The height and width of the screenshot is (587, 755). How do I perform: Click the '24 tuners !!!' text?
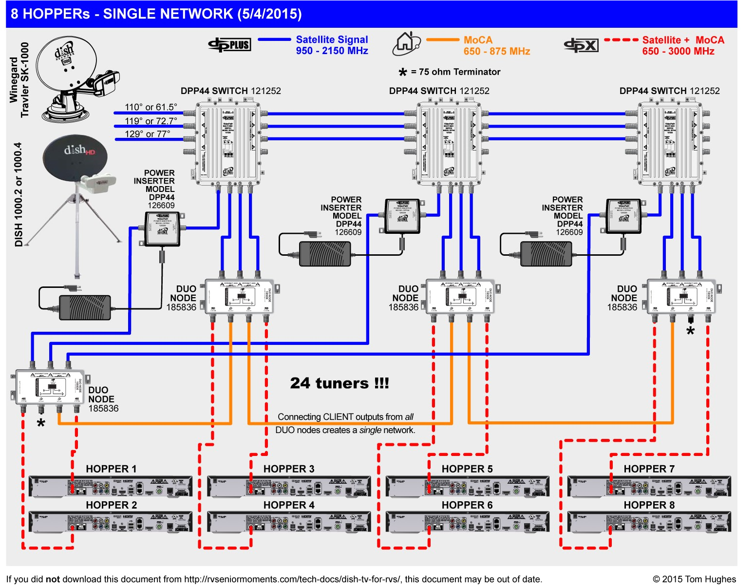pyautogui.click(x=340, y=383)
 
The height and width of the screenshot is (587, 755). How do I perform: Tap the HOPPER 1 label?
pyautogui.click(x=111, y=469)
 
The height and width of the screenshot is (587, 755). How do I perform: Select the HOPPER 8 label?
pyautogui.click(x=649, y=505)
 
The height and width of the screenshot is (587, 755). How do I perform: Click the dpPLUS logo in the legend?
pyautogui.click(x=229, y=45)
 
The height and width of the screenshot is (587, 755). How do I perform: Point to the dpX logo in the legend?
pyautogui.click(x=581, y=45)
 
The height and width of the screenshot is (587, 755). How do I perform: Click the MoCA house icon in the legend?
pyautogui.click(x=406, y=43)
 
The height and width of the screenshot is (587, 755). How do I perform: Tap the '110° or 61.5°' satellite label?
pyautogui.click(x=151, y=107)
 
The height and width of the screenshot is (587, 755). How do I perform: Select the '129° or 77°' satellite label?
pyautogui.click(x=147, y=134)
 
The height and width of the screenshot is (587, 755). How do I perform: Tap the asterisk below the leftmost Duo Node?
pyautogui.click(x=41, y=424)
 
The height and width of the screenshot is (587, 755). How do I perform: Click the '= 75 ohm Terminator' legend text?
pyautogui.click(x=455, y=72)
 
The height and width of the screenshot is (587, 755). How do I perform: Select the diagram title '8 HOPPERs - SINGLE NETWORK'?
pyautogui.click(x=156, y=14)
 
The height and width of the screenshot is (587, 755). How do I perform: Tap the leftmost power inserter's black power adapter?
pyautogui.click(x=84, y=307)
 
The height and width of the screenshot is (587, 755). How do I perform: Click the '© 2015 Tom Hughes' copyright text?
pyautogui.click(x=694, y=579)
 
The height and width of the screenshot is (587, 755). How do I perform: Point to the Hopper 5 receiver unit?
pyautogui.click(x=467, y=486)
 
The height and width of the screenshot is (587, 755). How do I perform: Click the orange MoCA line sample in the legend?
pyautogui.click(x=442, y=40)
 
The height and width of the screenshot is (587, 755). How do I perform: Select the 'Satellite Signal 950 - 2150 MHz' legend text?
pyautogui.click(x=332, y=45)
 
